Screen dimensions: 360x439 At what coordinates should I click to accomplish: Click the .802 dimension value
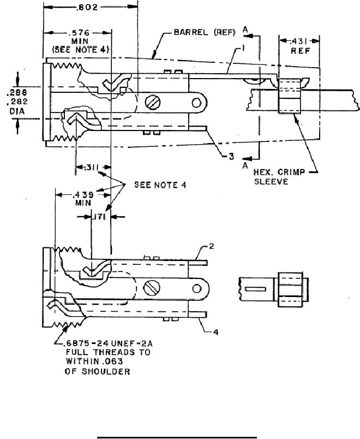click(x=87, y=7)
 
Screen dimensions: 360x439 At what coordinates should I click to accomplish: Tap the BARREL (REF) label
click(x=205, y=32)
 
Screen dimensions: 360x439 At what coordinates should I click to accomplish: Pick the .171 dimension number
click(x=99, y=217)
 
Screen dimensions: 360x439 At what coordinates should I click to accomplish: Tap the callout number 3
click(x=231, y=157)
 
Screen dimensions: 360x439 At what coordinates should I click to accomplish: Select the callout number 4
click(x=215, y=332)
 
